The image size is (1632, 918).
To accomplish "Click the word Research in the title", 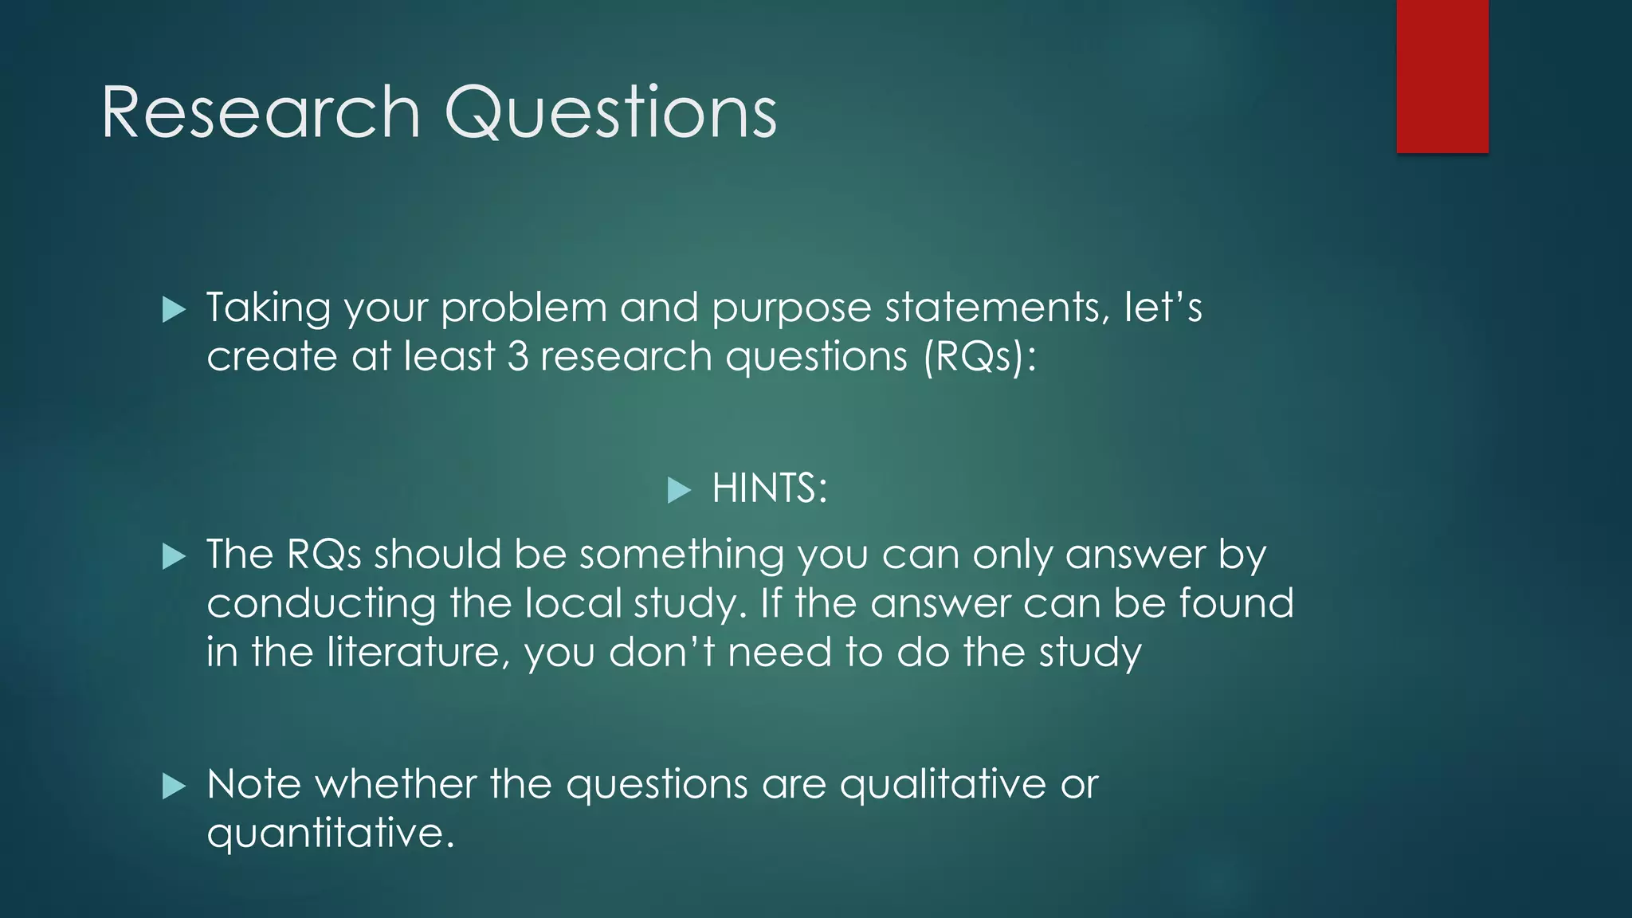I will click(x=261, y=112).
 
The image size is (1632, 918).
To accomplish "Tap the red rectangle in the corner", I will click(x=1442, y=76).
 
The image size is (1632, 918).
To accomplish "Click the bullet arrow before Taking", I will click(x=174, y=309).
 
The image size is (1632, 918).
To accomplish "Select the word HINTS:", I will click(x=769, y=488).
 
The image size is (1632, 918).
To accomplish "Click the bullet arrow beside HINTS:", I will click(x=679, y=489).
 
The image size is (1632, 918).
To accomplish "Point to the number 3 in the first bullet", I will click(x=518, y=355).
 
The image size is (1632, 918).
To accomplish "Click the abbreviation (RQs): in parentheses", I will click(x=980, y=357).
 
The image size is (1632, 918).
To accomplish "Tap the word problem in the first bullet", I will click(x=524, y=308).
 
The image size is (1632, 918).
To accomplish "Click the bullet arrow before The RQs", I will click(x=174, y=556).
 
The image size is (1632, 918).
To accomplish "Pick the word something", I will click(x=681, y=555).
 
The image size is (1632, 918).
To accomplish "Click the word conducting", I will click(x=321, y=605).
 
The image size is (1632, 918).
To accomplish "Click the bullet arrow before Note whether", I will click(x=174, y=787).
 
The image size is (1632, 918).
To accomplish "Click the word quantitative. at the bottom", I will click(x=331, y=834).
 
